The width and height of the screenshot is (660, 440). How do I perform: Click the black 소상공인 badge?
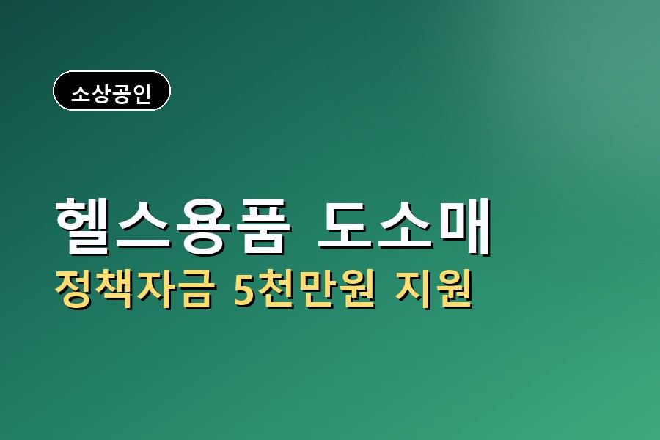tap(111, 90)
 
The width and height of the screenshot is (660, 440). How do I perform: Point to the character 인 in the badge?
tap(142, 93)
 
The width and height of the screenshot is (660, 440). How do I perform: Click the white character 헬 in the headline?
tap(82, 226)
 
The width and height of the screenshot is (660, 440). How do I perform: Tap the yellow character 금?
tap(194, 289)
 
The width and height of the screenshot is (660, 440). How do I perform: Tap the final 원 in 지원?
tap(453, 289)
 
